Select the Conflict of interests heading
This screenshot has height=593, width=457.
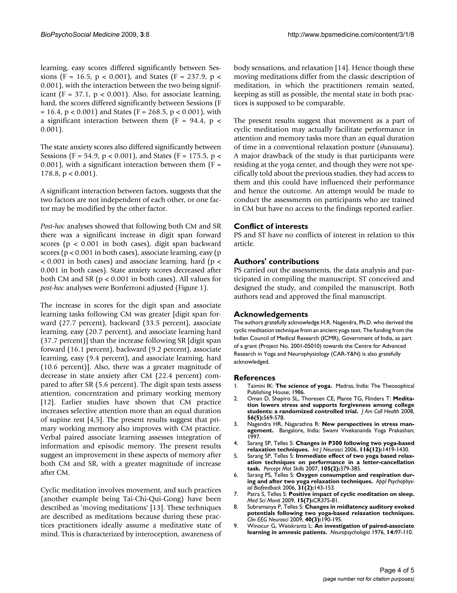pos(271,226)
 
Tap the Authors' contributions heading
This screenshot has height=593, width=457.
pos(276,261)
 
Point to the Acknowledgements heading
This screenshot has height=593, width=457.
pos(271,314)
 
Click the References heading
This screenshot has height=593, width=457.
pos(254,378)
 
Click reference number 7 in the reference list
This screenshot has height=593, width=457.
pos(236,494)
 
